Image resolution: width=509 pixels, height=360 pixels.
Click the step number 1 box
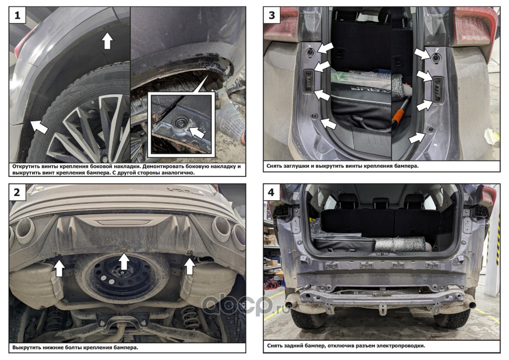[17, 15]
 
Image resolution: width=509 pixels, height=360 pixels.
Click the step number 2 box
[17, 192]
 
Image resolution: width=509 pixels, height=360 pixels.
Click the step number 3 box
[272, 15]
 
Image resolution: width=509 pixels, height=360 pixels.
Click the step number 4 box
[271, 192]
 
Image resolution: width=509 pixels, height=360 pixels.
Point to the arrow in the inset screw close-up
[196, 132]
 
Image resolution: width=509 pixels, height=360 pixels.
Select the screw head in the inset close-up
[179, 123]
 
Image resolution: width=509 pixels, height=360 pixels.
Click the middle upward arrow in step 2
[124, 261]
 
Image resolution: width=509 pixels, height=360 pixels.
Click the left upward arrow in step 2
[59, 268]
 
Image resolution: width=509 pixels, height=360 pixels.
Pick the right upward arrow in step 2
[190, 266]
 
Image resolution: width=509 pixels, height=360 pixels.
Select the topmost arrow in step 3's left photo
[325, 48]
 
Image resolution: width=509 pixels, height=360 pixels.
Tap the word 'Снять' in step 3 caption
[274, 166]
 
